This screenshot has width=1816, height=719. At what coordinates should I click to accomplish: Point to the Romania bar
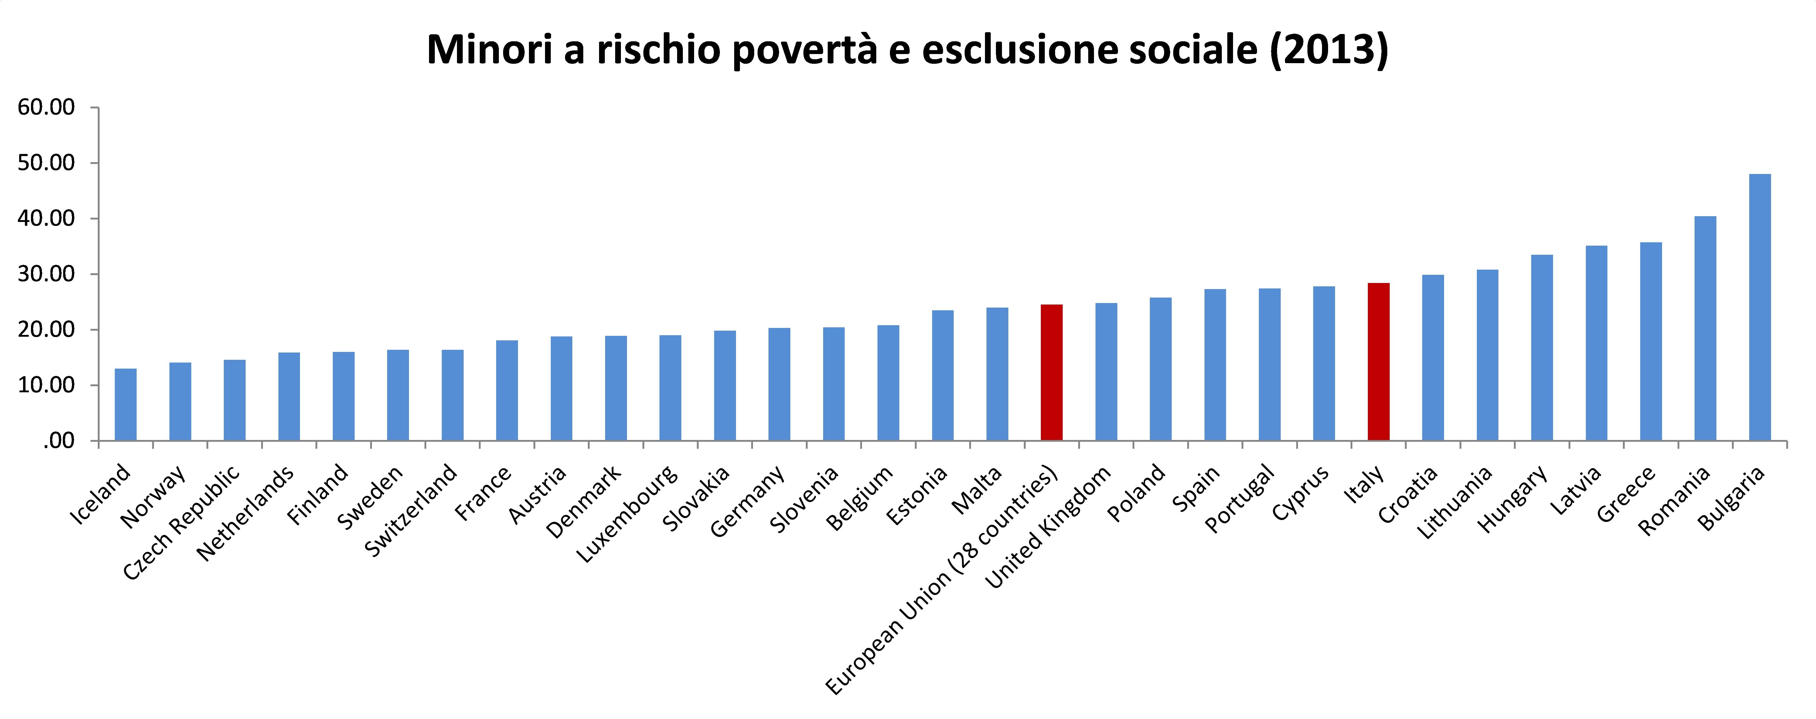(1705, 329)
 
